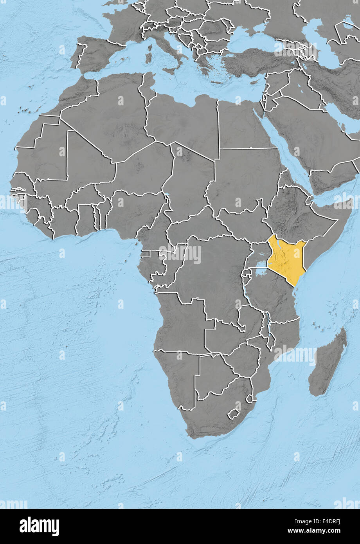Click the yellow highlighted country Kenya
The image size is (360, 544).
[288, 260]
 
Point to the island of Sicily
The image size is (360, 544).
[170, 71]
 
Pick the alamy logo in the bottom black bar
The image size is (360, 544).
[39, 526]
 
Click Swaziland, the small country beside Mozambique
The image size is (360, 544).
[249, 398]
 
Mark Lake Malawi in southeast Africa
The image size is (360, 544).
[268, 329]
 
